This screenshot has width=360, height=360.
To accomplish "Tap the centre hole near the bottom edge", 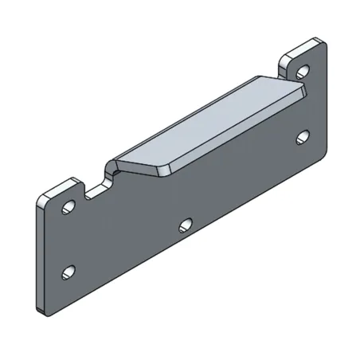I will click(186, 225).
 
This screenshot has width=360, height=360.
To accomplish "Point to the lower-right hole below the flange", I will click(303, 136).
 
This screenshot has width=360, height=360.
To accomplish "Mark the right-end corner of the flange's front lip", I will click(303, 92).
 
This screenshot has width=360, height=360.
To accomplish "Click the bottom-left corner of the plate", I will click(40, 307).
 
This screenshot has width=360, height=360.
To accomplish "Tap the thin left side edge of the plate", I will click(37, 255).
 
